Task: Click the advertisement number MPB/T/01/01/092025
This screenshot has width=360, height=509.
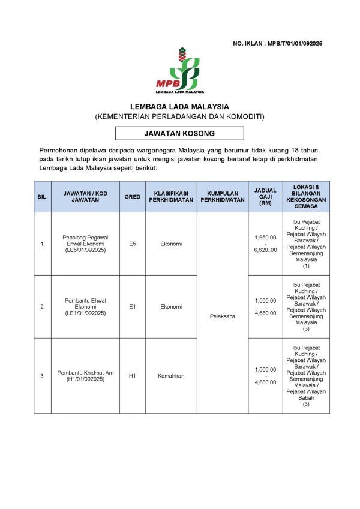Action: (277, 44)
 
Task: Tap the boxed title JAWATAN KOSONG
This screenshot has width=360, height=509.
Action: (179, 133)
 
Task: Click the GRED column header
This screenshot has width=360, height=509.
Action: (133, 196)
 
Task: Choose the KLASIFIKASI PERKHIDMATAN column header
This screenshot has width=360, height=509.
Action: (171, 196)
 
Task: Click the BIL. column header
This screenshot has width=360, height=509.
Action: (43, 196)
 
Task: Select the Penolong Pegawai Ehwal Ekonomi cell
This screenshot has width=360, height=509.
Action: (85, 244)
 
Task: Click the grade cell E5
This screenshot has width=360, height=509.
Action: (133, 244)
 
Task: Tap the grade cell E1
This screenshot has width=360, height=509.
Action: (133, 306)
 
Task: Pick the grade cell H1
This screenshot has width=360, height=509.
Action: (133, 376)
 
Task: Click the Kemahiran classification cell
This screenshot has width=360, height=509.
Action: (171, 376)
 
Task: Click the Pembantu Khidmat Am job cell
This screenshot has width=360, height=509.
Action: (85, 376)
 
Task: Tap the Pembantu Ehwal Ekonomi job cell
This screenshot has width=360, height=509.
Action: (85, 306)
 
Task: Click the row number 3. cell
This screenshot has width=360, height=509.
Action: (43, 376)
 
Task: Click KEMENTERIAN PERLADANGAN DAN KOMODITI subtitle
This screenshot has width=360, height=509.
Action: (179, 116)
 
